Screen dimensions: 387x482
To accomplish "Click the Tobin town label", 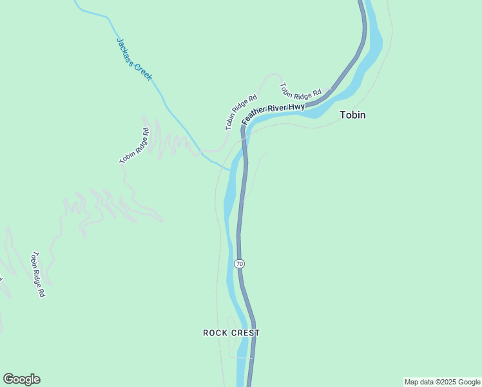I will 352,115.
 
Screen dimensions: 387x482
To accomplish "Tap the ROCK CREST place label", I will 231,333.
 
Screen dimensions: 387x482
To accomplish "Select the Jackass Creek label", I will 134,59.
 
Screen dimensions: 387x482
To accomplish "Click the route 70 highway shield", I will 239,264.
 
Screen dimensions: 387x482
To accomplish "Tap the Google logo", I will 21,379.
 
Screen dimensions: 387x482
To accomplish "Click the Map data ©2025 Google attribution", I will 443,382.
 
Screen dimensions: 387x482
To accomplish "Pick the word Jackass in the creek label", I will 126,49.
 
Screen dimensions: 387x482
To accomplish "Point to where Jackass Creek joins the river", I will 230,170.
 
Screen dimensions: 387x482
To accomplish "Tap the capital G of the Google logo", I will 8,379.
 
